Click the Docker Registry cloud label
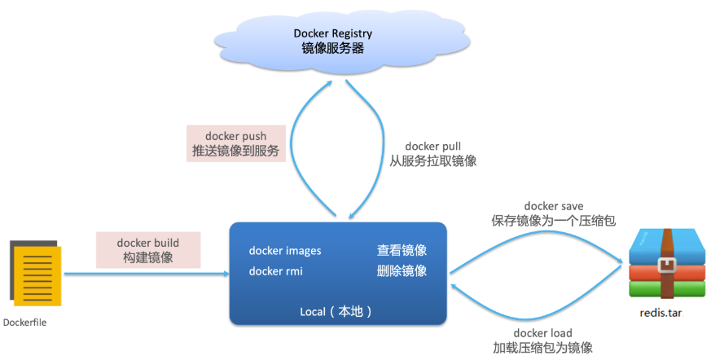(333, 33)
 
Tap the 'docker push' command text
(236, 136)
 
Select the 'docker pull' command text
(433, 147)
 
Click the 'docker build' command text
(148, 243)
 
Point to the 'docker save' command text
(554, 206)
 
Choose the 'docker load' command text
(542, 333)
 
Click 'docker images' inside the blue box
(285, 251)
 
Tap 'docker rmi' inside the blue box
(276, 271)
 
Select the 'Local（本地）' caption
(336, 311)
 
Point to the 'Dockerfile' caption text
(24, 323)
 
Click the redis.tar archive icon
(667, 263)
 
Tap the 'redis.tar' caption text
(661, 313)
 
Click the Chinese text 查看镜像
(402, 250)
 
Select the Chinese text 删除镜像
(402, 271)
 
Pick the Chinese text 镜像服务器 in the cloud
(333, 48)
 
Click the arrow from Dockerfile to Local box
(147, 274)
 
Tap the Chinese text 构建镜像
(148, 257)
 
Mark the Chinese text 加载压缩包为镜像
(542, 348)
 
